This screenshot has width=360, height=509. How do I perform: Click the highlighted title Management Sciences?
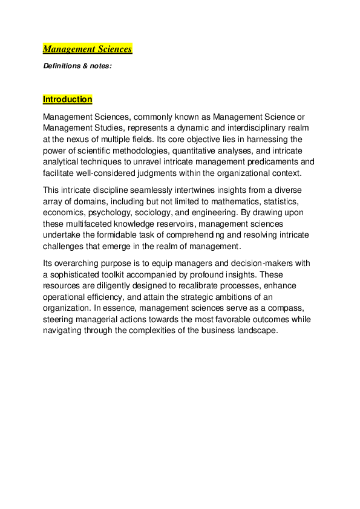pyautogui.click(x=87, y=48)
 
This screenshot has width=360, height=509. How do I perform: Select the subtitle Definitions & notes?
pyautogui.click(x=77, y=66)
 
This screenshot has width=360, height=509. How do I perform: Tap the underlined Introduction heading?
pyautogui.click(x=67, y=100)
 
